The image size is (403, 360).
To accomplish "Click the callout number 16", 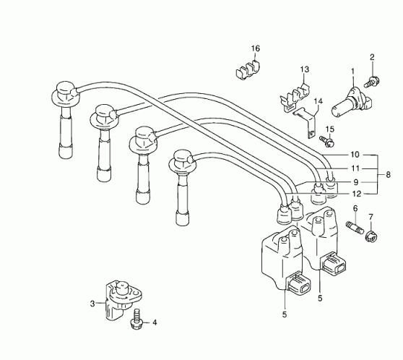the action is pos(256,48).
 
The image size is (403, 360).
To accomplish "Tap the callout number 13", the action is pos(304,69).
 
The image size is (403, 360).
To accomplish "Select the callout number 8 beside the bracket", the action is pos(388,175).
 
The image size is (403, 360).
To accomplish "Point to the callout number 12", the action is pos(357,194).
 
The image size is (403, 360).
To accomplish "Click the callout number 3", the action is pos(92,304).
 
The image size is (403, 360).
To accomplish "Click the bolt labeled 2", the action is pos(372,82).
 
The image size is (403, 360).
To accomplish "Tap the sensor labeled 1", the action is pos(351,103).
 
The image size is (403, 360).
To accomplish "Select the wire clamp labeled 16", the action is pos(247,70).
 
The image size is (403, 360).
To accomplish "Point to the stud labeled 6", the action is pos(355,228).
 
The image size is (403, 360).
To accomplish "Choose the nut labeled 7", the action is pos(371,236).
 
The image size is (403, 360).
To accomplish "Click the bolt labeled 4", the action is pos(136,320).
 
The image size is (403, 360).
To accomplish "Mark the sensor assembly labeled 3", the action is pos(121,300).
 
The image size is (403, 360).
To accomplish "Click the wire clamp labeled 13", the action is pos(295,99).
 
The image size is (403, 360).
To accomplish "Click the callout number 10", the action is pos(355,155).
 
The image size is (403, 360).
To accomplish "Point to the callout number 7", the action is pos(370,217).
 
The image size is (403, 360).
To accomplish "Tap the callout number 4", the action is pos(155,322).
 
